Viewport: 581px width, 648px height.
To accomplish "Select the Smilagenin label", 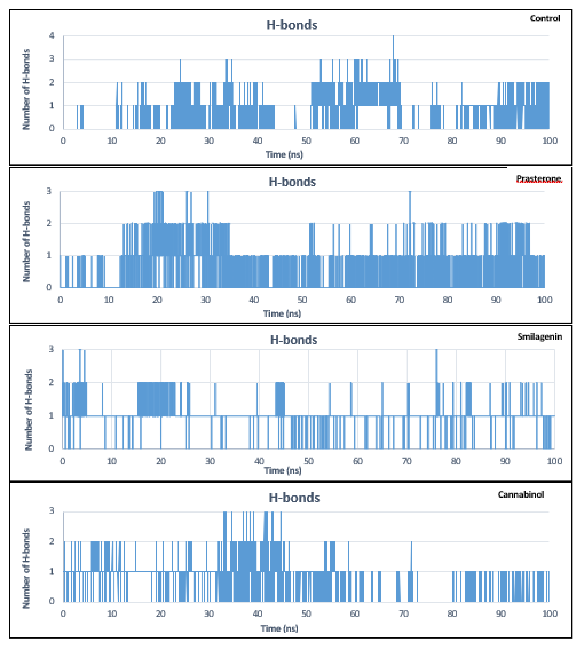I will coord(540,336).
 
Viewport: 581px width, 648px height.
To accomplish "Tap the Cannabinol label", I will coord(521,494).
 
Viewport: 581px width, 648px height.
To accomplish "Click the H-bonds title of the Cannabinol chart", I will coord(294,498).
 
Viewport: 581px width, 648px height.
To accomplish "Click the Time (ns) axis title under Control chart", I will coord(284,155).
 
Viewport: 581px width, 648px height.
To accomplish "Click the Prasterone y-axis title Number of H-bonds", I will coord(26,241).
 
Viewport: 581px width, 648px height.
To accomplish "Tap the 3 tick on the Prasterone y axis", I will coord(49,191).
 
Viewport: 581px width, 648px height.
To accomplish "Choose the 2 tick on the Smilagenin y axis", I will coord(51,382).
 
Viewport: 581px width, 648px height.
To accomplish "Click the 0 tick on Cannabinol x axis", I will coord(63,613).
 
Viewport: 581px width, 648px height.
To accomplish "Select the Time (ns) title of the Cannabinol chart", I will coord(279,628).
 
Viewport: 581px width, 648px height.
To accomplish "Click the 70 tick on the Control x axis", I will coord(403,141).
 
